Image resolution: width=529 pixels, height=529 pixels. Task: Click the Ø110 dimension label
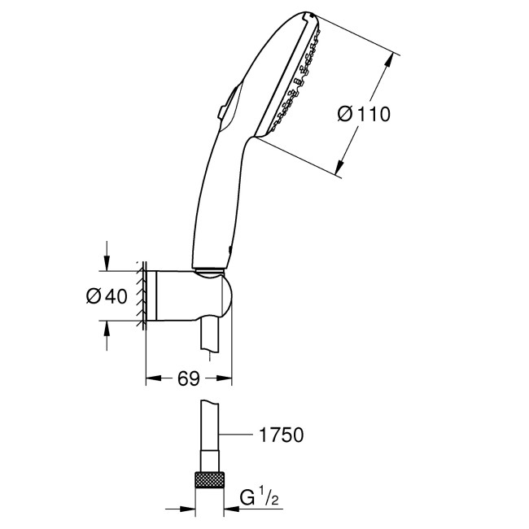(x=364, y=115)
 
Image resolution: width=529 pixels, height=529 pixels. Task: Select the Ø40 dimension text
(x=106, y=297)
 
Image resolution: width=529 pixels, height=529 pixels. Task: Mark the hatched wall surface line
(x=142, y=297)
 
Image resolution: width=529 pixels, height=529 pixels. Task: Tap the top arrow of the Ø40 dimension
(x=107, y=264)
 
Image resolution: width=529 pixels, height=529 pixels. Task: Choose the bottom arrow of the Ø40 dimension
(x=107, y=326)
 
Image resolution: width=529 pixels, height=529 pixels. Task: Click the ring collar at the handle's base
(x=211, y=269)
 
